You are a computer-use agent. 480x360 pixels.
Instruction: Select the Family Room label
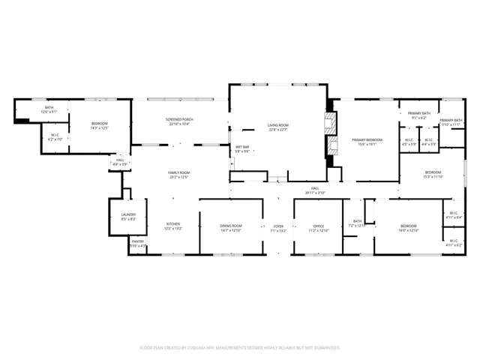[178, 175]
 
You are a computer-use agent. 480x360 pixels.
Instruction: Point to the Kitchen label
[173, 226]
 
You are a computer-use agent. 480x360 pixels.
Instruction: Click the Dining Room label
[231, 228]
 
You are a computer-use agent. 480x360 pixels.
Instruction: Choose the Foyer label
[278, 228]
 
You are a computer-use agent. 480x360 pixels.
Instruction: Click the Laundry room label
[128, 217]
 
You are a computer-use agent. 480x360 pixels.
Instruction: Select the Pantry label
[138, 244]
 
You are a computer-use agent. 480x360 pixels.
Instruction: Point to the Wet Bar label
[242, 149]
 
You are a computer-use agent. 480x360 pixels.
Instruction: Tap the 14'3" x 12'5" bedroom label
[100, 125]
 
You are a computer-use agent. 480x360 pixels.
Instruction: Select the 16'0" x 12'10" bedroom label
[408, 228]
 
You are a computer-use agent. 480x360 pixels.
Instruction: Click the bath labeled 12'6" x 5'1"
[49, 110]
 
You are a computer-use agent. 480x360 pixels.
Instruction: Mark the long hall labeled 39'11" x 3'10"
[315, 190]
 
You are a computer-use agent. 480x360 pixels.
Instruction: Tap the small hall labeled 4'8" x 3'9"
[120, 161]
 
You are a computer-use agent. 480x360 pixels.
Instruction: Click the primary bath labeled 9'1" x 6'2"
[418, 115]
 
